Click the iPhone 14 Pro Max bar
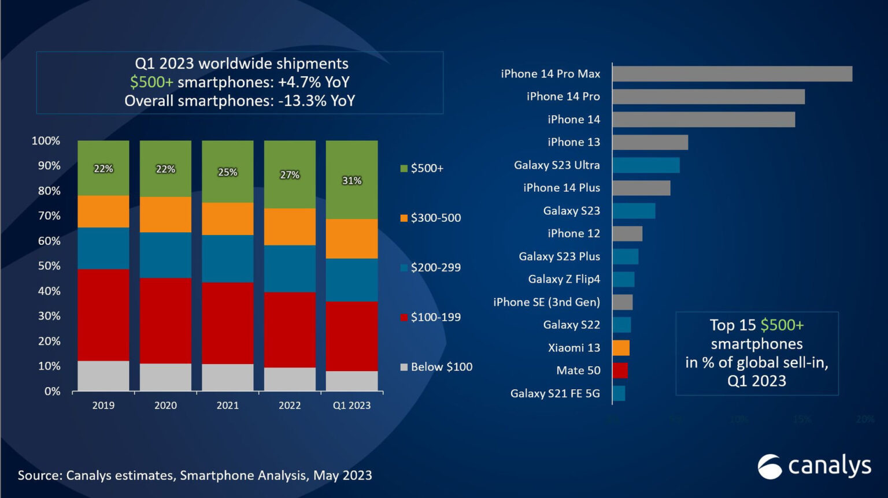[732, 74]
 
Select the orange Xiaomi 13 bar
[621, 348]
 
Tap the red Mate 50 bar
[620, 370]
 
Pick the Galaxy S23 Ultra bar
[646, 165]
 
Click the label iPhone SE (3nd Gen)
[546, 302]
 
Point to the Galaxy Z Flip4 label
[564, 279]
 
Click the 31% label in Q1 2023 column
[351, 181]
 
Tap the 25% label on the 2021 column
[227, 172]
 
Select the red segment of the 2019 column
[103, 315]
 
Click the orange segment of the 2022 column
[290, 227]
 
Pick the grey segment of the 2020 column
[165, 377]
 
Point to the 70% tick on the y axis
[49, 216]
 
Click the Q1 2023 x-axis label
[351, 406]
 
